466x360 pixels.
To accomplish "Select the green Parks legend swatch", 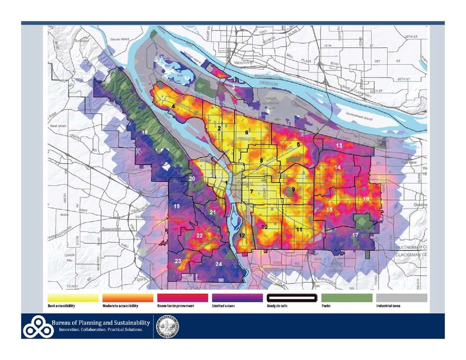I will tap(346, 298).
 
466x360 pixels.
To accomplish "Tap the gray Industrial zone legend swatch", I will tap(401, 298).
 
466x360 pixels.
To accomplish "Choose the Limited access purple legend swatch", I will tap(237, 298).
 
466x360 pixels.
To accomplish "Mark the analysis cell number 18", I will tap(145, 132).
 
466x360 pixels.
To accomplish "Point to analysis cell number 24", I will tap(219, 264).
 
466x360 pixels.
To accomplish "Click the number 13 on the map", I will tap(339, 146).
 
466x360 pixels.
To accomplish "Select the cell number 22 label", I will tap(199, 236).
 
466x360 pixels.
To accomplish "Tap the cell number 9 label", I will tap(294, 190).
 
